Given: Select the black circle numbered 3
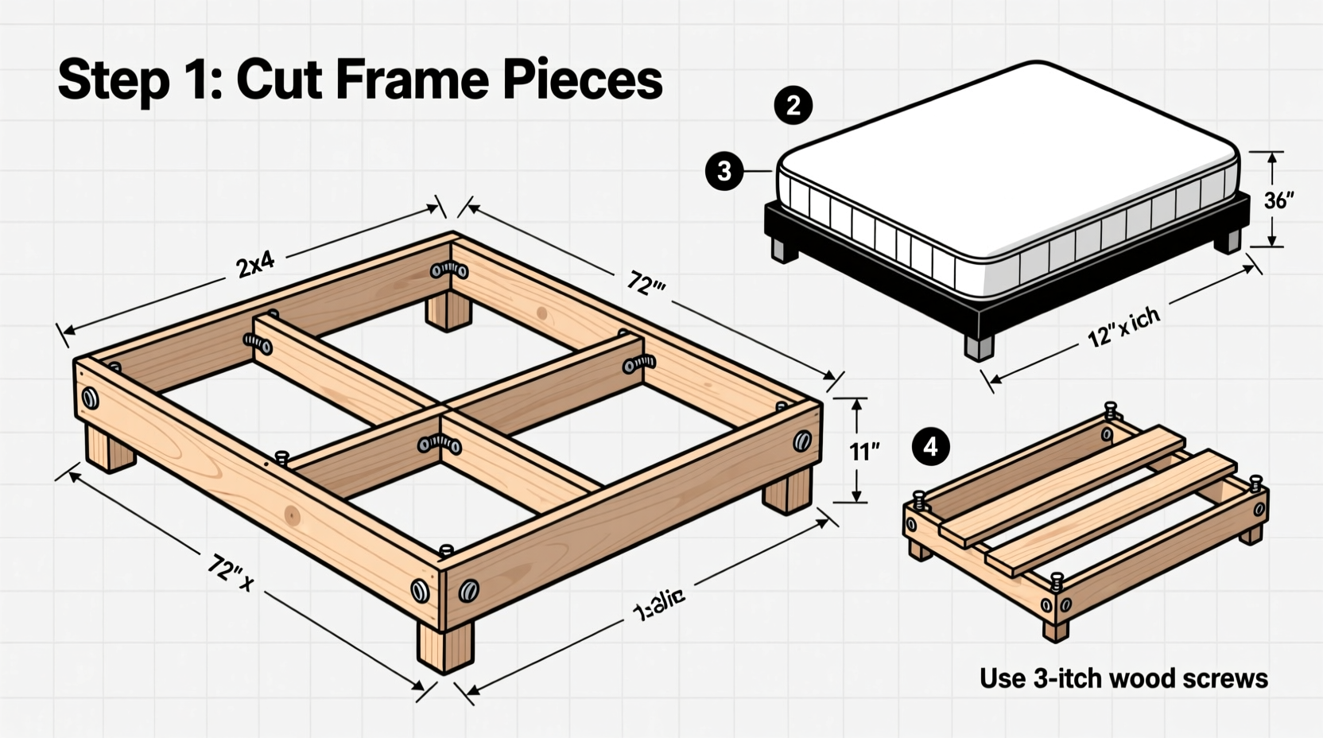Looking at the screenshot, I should coord(724,171).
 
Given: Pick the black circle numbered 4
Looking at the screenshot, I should coord(931,447).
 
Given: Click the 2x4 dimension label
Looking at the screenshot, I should coord(255,264).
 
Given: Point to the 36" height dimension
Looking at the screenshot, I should coord(1278,200).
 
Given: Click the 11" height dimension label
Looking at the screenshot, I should coord(864,452).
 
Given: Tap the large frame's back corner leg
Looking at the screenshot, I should coord(448,310).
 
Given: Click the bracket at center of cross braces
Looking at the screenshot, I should coord(440,444).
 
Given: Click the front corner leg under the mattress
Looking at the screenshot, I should coord(980,347).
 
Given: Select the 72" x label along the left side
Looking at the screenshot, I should coord(230,572).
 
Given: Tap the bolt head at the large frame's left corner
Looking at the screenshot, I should coord(91,398).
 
